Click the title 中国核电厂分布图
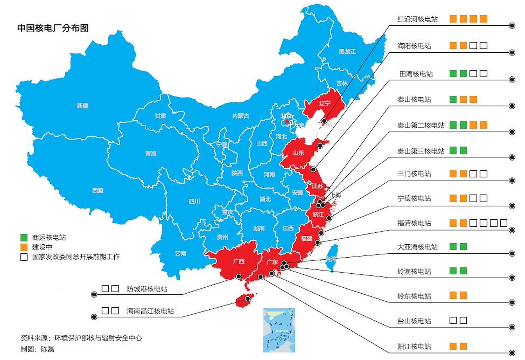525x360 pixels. pos(53,28)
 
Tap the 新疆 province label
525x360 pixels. pos(83,106)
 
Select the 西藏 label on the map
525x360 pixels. pos(98,191)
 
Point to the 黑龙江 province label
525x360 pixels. pos(347,51)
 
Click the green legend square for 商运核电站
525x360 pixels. pos(24,238)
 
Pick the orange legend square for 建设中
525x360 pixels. pos(24,247)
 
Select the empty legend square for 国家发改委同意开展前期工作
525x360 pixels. pos(24,257)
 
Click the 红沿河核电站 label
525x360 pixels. pos(417,19)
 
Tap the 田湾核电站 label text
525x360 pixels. pos(416,74)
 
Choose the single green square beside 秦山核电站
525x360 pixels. pos(453,99)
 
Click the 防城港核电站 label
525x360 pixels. pos(147,289)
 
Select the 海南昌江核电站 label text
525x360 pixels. pos(150,311)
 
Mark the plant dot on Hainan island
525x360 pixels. pos(248,299)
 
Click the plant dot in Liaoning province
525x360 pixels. pos(324,121)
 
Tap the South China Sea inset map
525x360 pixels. pos(279,330)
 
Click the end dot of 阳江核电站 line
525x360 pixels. pos(512,353)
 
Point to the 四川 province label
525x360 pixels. pos(194,201)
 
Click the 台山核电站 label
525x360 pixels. pos(414,321)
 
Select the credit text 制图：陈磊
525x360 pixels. pos(37,349)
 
